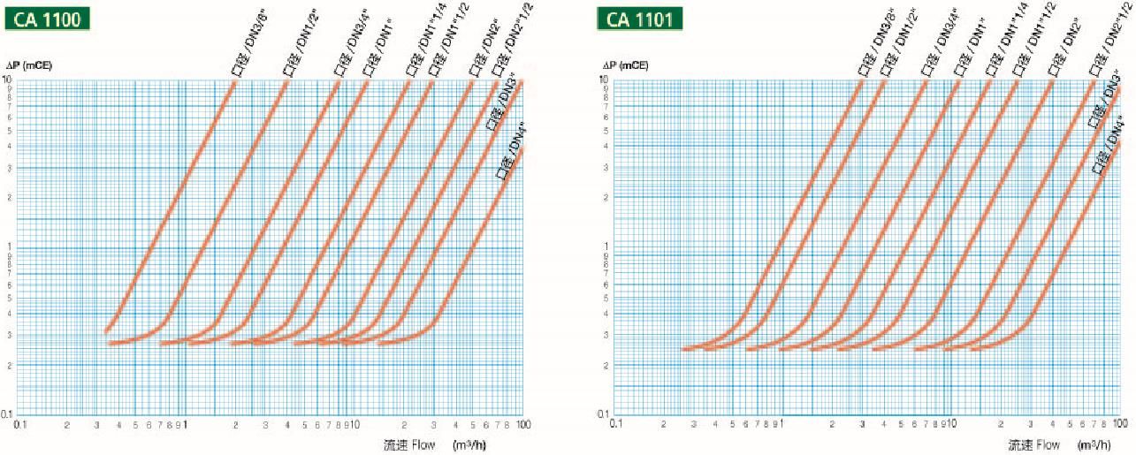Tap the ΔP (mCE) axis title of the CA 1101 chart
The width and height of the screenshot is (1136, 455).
coord(625,66)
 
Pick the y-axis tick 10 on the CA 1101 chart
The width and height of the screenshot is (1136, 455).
coord(608,80)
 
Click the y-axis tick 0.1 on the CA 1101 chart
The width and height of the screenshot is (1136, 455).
coord(606,413)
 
